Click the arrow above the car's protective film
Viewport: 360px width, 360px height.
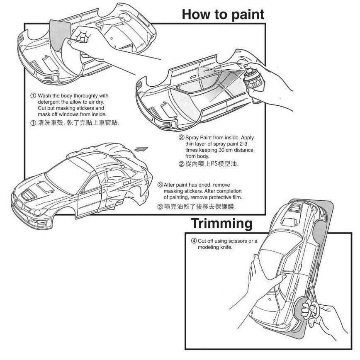141,148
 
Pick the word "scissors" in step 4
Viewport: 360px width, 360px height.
236,241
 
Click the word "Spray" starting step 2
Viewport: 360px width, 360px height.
192,137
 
